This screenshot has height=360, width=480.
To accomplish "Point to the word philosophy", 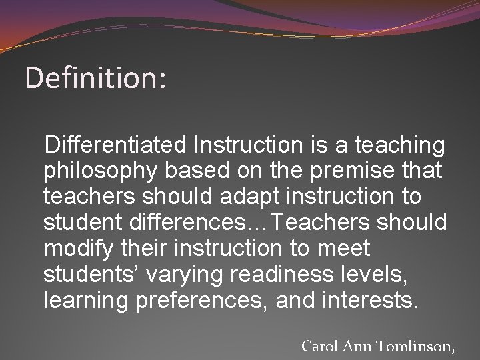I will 101,171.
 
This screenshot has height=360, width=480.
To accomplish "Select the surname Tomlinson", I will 417,346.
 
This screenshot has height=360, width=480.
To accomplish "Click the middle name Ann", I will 360,346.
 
